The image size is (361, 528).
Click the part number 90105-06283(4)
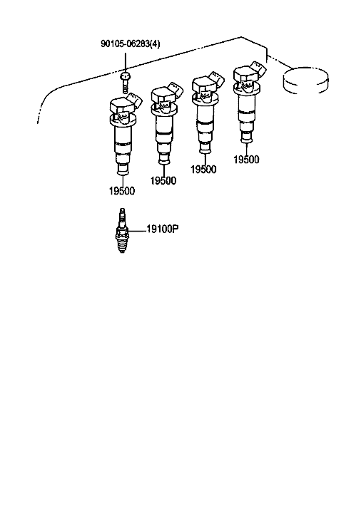pos(131,43)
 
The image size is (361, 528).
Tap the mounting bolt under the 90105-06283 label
pos(124,82)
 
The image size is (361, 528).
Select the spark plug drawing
pos(122,231)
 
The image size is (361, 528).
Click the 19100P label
pos(163,229)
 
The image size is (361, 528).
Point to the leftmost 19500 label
pos(122,191)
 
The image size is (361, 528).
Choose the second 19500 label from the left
pos(163,181)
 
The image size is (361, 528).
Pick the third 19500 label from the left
pos(203,170)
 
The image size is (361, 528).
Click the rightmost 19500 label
pos(246,160)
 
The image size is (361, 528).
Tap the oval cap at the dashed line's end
pos(305,80)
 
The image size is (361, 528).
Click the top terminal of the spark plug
pos(122,212)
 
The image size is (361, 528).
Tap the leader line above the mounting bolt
pos(125,60)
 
